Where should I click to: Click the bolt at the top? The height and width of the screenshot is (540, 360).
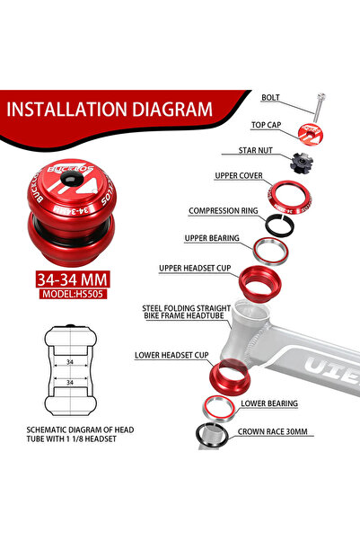point(319,108)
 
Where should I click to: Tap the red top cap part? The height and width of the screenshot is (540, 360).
point(310,134)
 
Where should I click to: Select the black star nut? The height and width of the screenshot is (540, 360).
point(302,163)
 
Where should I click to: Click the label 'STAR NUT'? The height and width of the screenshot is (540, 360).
point(255,150)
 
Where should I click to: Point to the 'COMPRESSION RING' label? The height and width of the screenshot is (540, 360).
point(224,211)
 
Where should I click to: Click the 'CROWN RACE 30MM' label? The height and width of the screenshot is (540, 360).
point(273,431)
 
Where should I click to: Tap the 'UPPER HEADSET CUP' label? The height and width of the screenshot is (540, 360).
point(195,268)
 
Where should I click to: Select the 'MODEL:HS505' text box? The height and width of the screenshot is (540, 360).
point(73,294)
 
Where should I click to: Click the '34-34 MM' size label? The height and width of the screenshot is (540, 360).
point(73,279)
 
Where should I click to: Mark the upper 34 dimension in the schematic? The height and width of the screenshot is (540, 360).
point(70,362)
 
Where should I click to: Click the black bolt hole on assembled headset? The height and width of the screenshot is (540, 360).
point(72,179)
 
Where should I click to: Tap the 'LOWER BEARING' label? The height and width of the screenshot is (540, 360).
point(269,403)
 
